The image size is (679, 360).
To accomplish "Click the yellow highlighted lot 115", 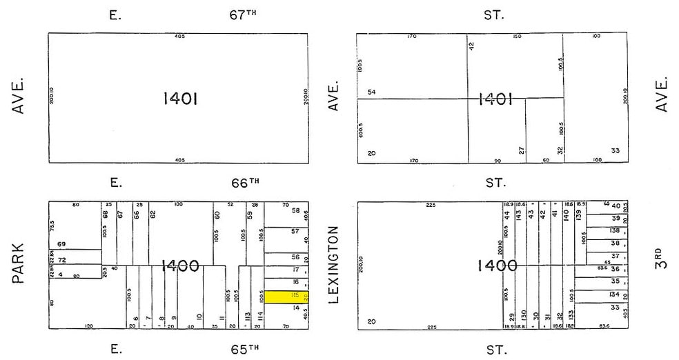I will point(286,297).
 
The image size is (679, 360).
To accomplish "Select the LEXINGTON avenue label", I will point(335,264).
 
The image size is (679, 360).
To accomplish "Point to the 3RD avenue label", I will point(662,256).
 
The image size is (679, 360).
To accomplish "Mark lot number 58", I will point(295,210).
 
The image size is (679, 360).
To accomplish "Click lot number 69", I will point(61,244).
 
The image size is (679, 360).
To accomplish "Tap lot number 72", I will point(61,259).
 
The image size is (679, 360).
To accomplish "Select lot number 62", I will point(153,214).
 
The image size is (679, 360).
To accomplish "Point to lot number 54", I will point(371,92).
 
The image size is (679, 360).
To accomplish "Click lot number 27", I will point(522,150).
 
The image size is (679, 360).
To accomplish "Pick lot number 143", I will point(519,214).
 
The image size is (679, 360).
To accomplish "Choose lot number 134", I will point(614,294).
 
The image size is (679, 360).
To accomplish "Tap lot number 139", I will point(579,214).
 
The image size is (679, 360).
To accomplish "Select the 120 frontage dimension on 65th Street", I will point(88,326).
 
